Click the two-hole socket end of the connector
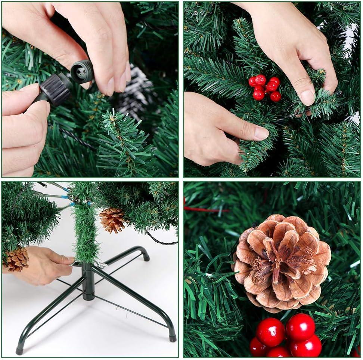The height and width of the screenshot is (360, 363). (x=82, y=71)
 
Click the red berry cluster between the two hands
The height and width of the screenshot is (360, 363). (x=265, y=88)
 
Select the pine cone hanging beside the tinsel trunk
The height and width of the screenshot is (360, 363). (x=112, y=220)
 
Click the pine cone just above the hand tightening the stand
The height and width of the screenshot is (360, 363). (x=16, y=259)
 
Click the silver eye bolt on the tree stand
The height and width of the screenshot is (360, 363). (x=100, y=265)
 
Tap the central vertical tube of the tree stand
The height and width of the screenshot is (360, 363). (x=89, y=282)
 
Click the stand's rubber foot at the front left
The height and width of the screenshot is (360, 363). (x=19, y=351)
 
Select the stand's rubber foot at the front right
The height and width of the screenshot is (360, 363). (x=172, y=338)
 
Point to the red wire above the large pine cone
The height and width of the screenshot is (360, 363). (x=205, y=209)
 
